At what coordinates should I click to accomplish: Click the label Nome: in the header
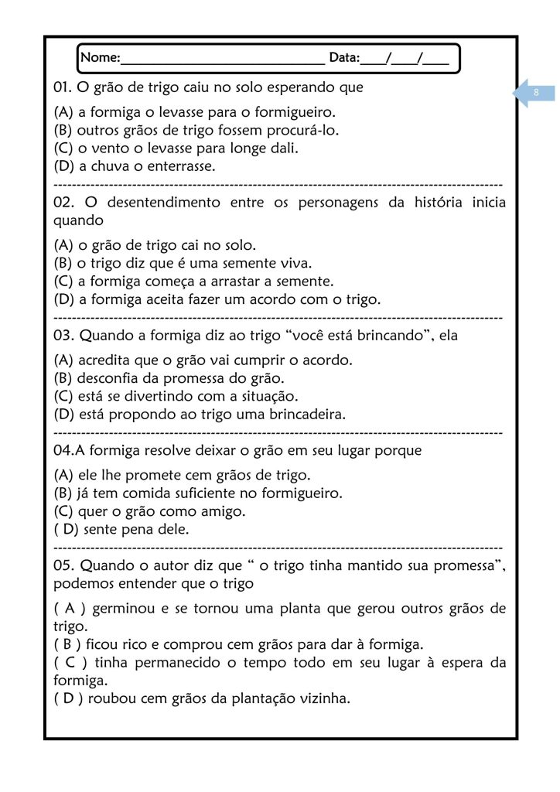(100, 58)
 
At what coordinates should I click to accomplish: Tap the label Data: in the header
(344, 58)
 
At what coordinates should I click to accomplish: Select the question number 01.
(63, 88)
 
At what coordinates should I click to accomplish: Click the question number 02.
(64, 203)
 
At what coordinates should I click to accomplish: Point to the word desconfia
(110, 378)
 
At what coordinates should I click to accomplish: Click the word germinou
(123, 608)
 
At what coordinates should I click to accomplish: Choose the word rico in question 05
(131, 643)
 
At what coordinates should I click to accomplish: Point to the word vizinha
(323, 699)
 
